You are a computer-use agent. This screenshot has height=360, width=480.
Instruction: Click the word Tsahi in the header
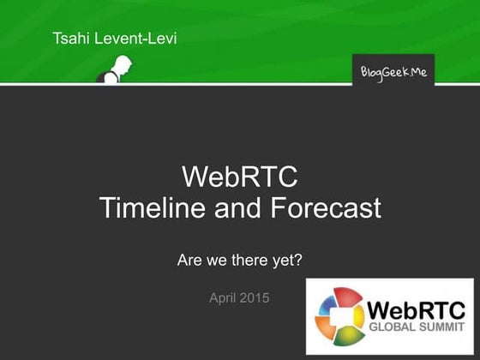click(70, 39)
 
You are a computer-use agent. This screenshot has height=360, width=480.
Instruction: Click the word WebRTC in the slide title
click(240, 178)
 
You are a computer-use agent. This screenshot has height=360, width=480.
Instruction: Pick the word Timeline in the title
click(151, 208)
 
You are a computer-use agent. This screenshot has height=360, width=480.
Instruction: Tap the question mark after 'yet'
click(298, 259)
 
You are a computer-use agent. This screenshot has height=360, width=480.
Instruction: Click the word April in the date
click(225, 298)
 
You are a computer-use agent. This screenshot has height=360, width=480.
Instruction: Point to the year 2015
click(256, 298)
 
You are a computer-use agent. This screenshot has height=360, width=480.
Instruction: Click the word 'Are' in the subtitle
click(189, 259)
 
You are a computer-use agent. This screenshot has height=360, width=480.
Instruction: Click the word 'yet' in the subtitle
click(284, 259)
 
